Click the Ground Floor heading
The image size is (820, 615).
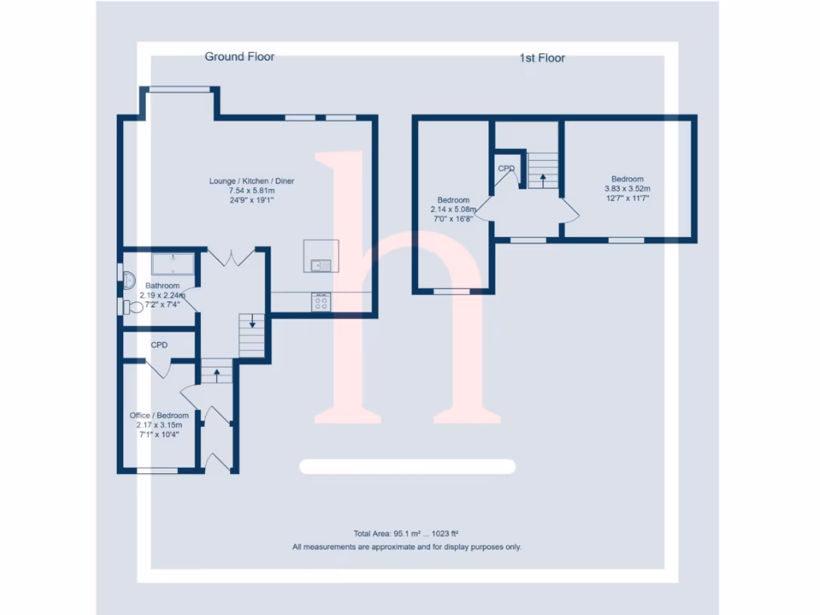(x=239, y=57)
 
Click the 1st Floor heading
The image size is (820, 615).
(x=542, y=58)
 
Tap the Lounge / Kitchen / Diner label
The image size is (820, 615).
(x=251, y=181)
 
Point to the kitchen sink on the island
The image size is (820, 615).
(x=320, y=265)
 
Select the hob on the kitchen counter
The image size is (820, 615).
(x=321, y=302)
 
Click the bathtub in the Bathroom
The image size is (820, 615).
(x=172, y=264)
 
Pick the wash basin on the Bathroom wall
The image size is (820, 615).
(x=128, y=274)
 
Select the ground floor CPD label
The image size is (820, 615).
(x=159, y=345)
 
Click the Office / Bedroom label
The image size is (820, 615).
(x=159, y=416)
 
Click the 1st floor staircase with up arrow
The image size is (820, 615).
(x=542, y=171)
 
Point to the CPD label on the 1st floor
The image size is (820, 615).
(x=506, y=169)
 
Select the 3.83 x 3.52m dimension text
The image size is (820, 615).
(x=627, y=188)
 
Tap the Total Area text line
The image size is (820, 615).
(x=405, y=533)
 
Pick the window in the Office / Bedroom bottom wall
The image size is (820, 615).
(x=157, y=471)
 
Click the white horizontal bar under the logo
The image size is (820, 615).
(x=407, y=467)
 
